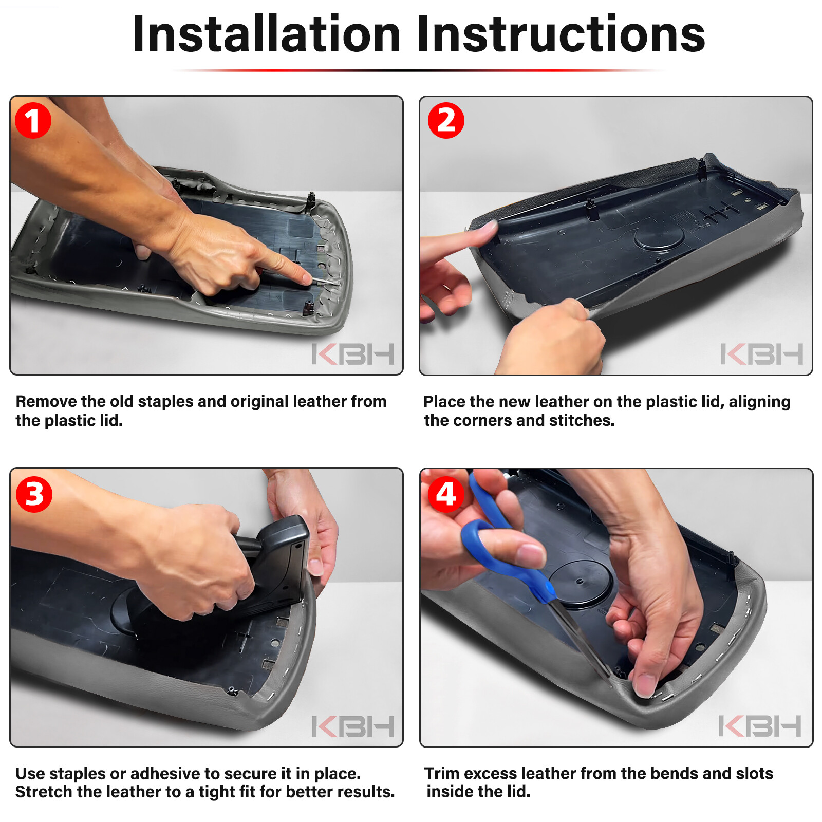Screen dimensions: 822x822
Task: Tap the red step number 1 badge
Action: tap(33, 121)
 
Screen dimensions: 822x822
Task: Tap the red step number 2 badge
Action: tap(446, 121)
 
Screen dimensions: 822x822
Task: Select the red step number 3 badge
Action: tap(34, 494)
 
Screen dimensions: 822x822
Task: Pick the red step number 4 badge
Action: tap(445, 494)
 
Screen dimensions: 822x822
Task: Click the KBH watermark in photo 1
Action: tap(353, 354)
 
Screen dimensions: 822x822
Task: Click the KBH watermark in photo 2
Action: tap(762, 354)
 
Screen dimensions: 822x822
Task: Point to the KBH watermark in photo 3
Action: tap(353, 726)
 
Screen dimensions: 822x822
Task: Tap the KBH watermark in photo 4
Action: tap(760, 725)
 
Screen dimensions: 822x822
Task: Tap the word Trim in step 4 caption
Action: tap(442, 773)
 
